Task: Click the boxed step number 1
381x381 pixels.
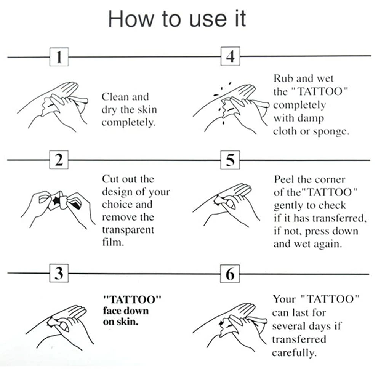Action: [59, 57]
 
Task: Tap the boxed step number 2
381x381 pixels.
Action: [59, 160]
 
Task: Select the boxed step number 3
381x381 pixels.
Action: [59, 273]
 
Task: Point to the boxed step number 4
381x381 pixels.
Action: [231, 56]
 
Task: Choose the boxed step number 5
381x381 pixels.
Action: [230, 160]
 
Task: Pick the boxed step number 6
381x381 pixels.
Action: [230, 274]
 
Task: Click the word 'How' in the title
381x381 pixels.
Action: [131, 19]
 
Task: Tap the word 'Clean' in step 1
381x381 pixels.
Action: [115, 97]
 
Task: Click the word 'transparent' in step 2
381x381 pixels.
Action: [128, 230]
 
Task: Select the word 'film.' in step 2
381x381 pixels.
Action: [113, 242]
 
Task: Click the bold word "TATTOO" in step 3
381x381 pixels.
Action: [132, 299]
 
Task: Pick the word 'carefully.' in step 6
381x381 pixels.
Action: [295, 352]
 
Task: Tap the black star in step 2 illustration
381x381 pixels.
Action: [56, 200]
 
